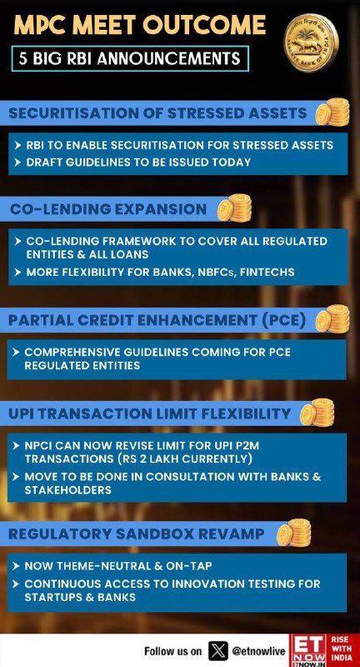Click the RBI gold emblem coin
click(312, 43)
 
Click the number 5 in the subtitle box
click(23, 58)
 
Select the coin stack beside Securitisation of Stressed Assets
click(332, 112)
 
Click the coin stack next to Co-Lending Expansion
click(234, 208)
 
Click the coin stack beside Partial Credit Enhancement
click(332, 319)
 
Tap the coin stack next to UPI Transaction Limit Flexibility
click(317, 413)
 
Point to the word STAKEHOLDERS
click(68, 490)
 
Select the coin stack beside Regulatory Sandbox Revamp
click(293, 533)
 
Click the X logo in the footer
click(218, 651)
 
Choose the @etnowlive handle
click(258, 651)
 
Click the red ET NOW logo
click(309, 650)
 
